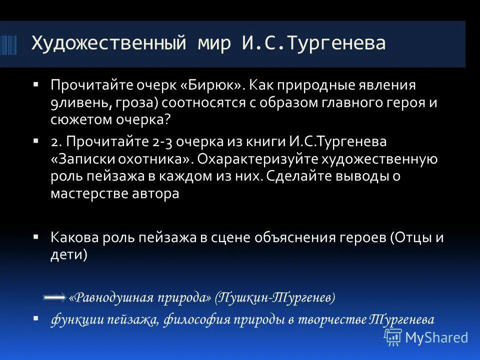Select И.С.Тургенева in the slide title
[314, 43]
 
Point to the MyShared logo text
[436, 337]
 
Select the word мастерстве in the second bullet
[85, 193]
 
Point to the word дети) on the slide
[69, 254]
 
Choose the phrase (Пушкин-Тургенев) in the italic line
[275, 298]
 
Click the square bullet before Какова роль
[36, 236]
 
